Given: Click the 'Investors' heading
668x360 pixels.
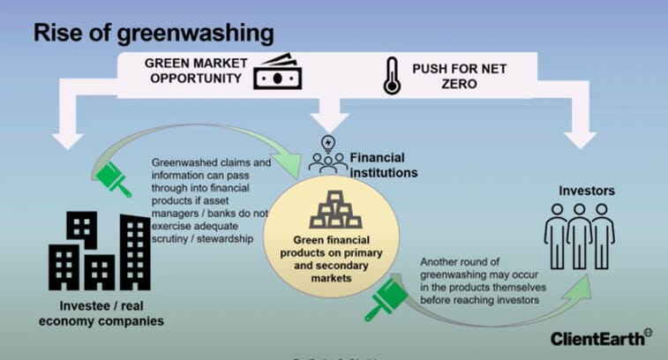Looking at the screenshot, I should pyautogui.click(x=585, y=191).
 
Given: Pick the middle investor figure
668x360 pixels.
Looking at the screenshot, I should pyautogui.click(x=579, y=229).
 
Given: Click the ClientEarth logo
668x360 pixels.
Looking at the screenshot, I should pyautogui.click(x=601, y=338).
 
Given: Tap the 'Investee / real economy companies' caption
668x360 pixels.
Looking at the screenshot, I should pyautogui.click(x=105, y=312).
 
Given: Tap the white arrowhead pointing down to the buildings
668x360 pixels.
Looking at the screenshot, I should pyautogui.click(x=69, y=137).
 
